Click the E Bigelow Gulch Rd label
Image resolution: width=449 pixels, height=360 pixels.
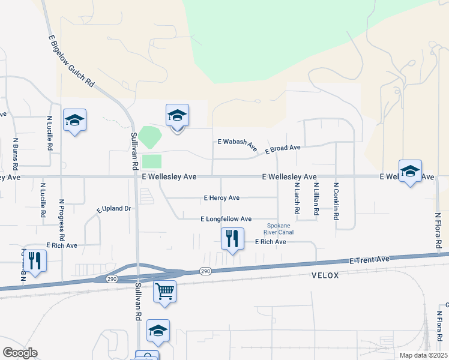click(71, 60)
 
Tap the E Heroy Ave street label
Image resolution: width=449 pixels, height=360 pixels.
click(221, 197)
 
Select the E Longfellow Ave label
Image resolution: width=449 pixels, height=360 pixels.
click(226, 219)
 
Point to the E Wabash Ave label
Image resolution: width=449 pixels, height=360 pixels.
click(237, 145)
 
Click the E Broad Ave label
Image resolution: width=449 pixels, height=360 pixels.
click(279, 148)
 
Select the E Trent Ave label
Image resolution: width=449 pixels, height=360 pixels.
click(370, 259)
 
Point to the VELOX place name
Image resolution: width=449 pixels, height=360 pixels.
click(326, 275)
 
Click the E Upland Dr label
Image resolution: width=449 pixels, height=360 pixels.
click(113, 209)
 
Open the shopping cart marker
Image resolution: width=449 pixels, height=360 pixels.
click(164, 292)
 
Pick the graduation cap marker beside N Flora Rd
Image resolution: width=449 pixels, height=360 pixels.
click(410, 171)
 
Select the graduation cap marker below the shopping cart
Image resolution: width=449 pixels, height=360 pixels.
click(158, 330)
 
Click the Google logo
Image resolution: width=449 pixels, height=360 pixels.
click(20, 353)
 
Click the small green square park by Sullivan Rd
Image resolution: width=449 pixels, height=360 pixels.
click(152, 161)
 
